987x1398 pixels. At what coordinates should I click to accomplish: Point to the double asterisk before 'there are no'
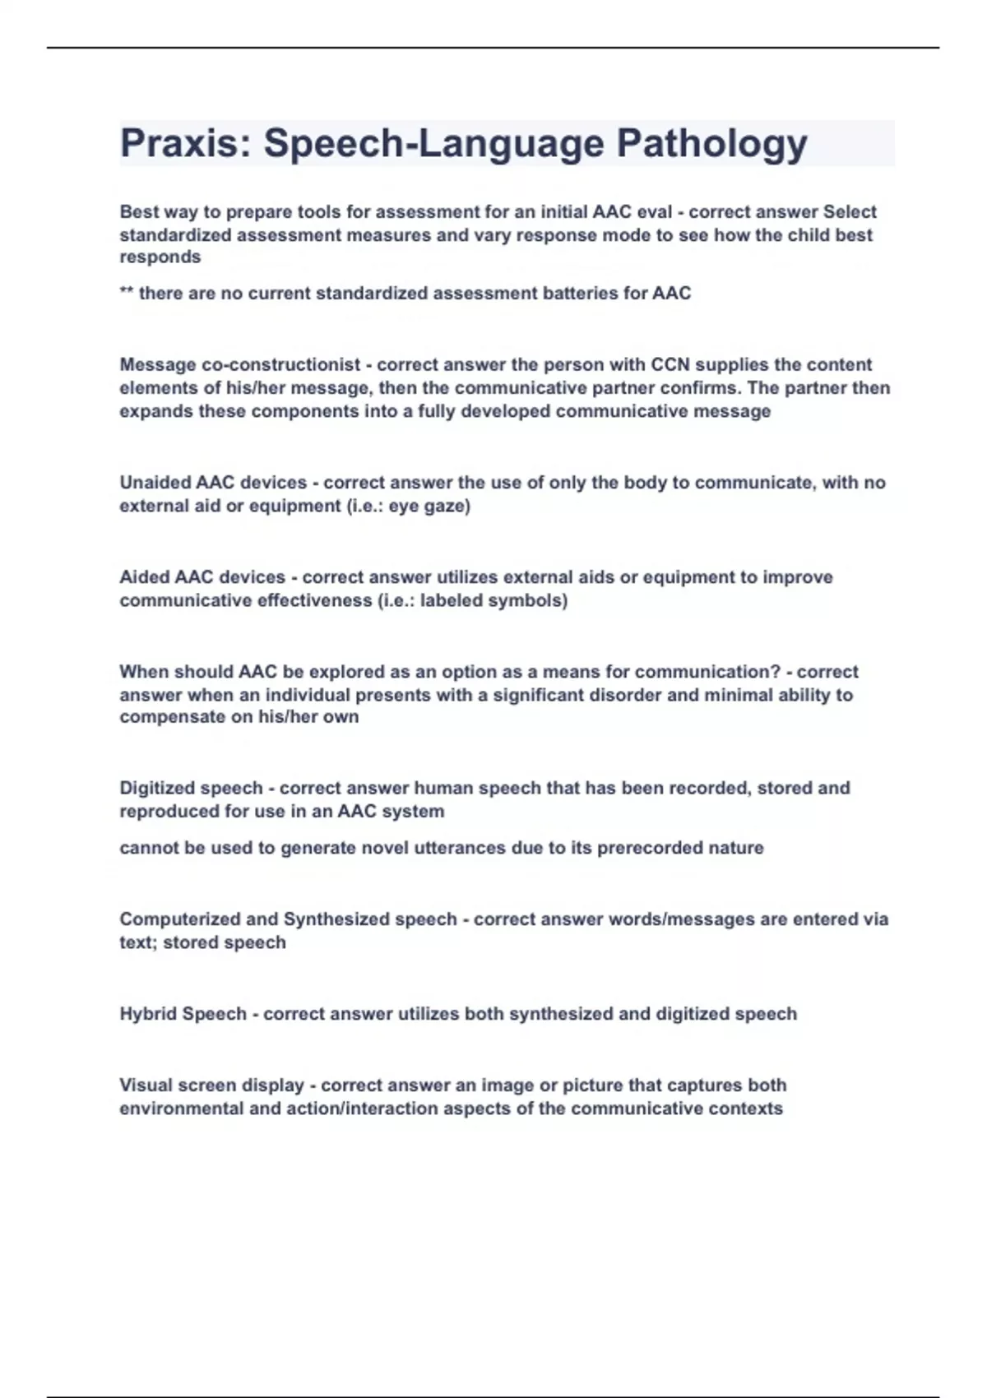tap(127, 292)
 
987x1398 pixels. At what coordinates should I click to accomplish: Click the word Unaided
tap(155, 483)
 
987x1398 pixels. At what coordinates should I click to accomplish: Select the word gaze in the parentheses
tap(447, 507)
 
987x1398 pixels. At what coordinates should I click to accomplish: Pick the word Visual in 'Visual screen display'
tap(146, 1086)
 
